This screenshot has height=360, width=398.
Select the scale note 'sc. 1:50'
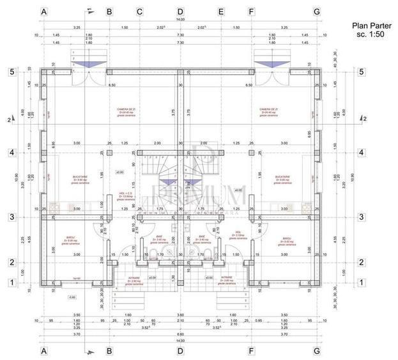pyautogui.click(x=368, y=36)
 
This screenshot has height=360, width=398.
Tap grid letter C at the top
pyautogui.click(x=139, y=12)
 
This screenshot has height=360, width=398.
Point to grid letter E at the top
pyautogui.click(x=221, y=12)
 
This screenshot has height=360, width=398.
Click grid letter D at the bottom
pyautogui.click(x=180, y=350)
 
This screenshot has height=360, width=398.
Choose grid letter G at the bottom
pyautogui.click(x=316, y=350)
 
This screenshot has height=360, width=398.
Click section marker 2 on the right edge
pyautogui.click(x=364, y=119)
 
